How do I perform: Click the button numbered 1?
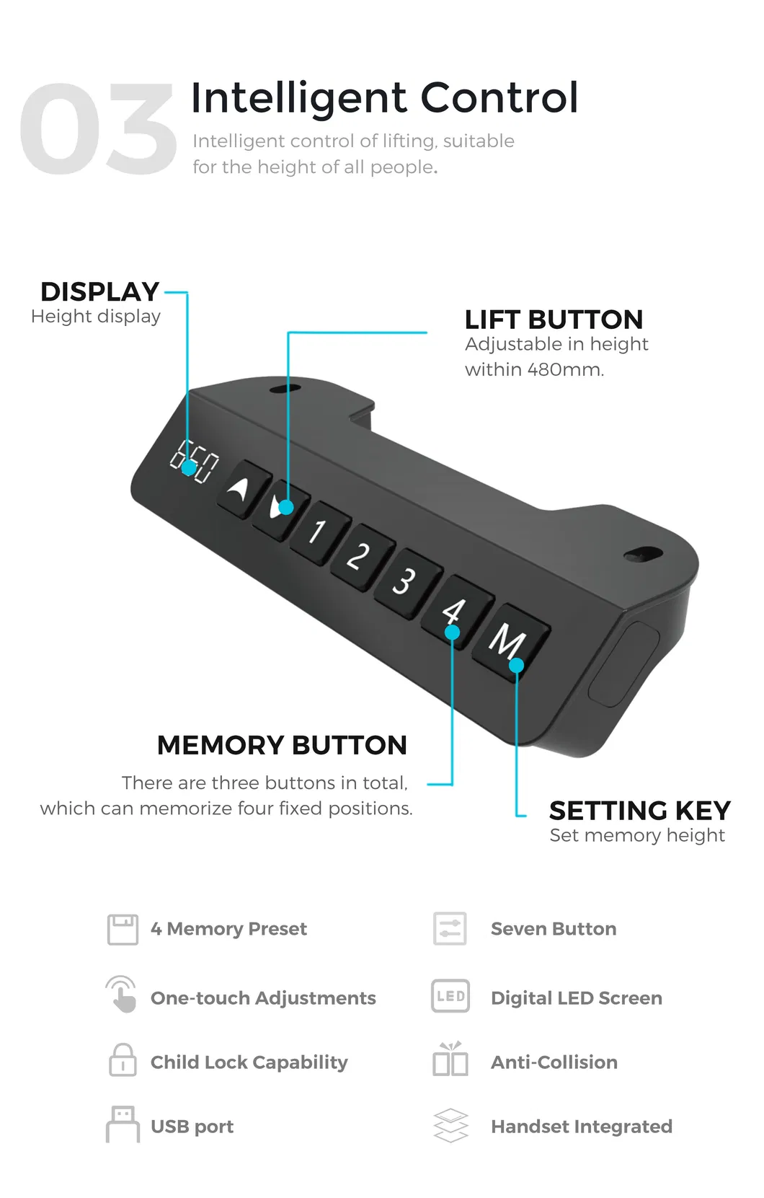pos(319,532)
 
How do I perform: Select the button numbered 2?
pos(359,557)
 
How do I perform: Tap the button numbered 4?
pos(454,612)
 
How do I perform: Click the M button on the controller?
pos(510,640)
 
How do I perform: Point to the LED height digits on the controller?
pos(194,462)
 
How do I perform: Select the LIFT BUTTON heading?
pos(553,320)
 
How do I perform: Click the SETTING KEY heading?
pos(639,811)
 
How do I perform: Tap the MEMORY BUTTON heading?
pos(282,745)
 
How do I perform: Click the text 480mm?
pos(565,370)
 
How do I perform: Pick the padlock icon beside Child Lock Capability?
pos(123,1060)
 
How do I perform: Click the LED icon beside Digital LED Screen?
pos(450,997)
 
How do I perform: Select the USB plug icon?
pos(123,1124)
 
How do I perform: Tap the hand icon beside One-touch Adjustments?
pos(122,995)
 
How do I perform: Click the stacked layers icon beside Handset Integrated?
pos(450,1126)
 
